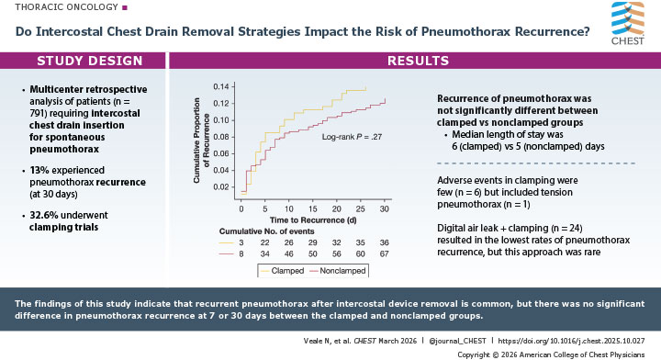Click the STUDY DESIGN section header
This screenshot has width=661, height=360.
click(x=90, y=62)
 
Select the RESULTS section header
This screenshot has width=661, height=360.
click(x=417, y=62)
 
